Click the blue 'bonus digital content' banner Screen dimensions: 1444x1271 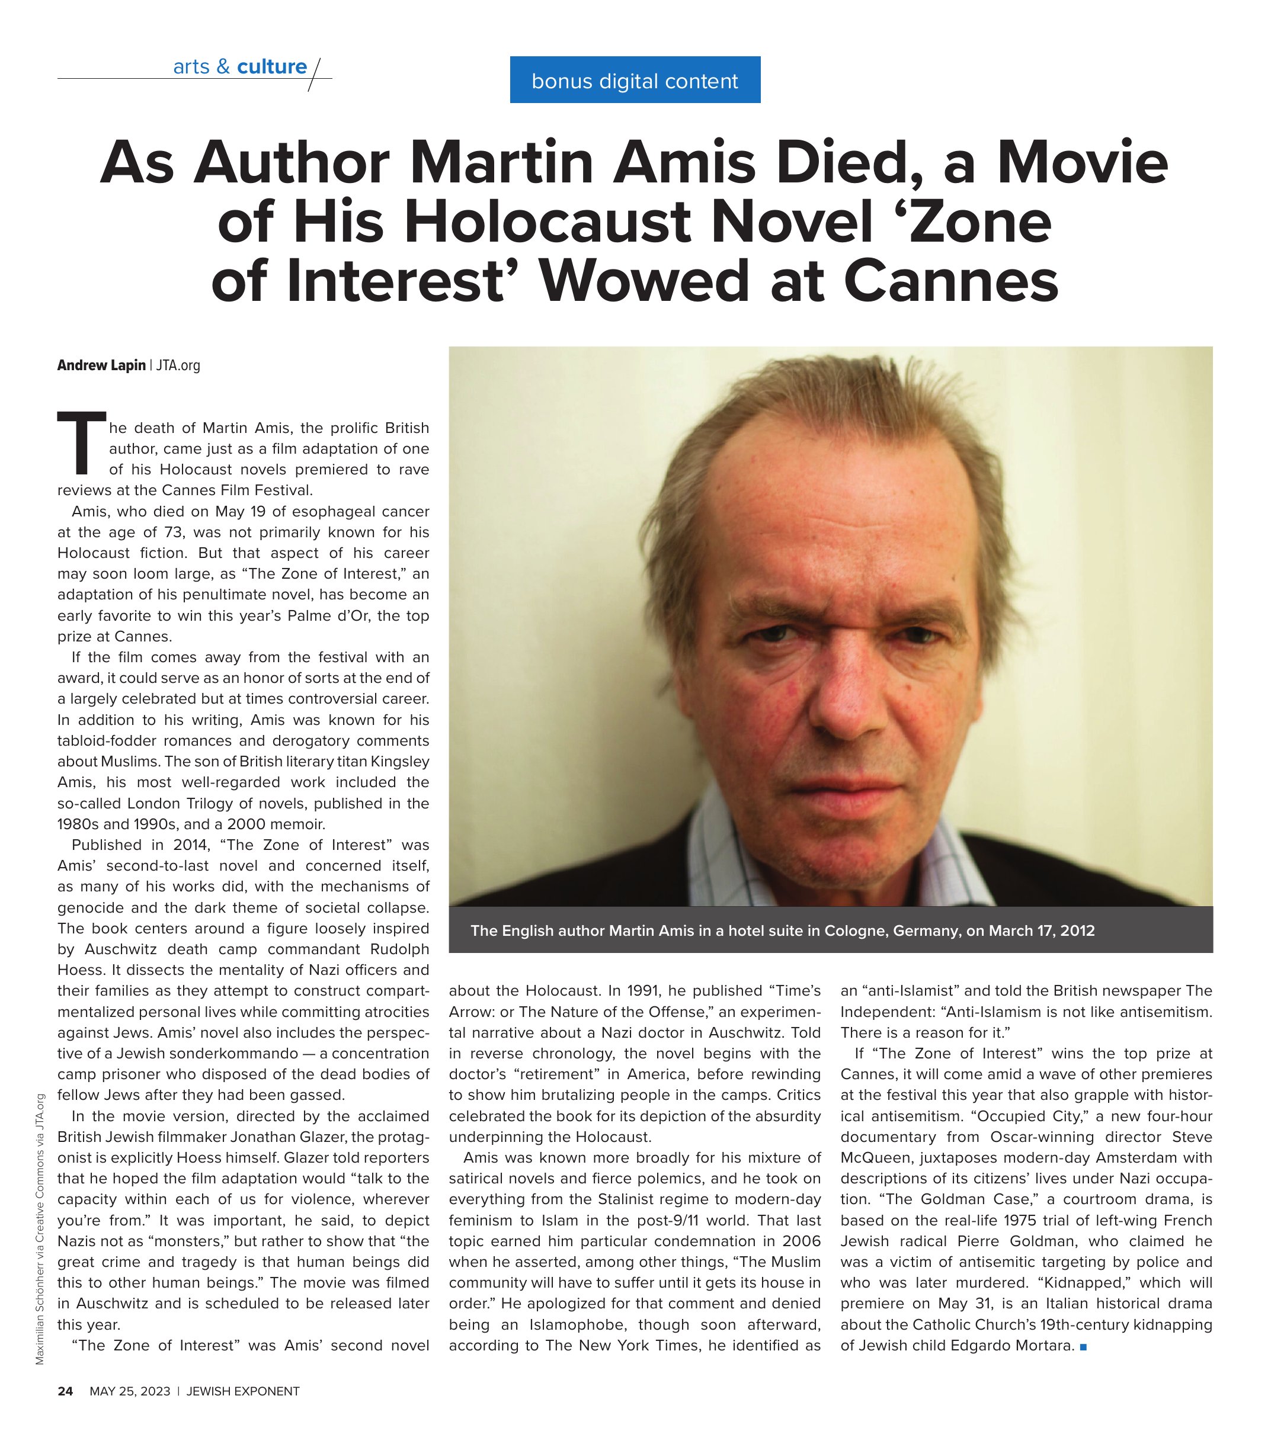pos(634,80)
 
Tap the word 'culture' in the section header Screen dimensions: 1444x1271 pos(271,66)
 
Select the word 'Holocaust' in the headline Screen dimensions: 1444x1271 pos(549,223)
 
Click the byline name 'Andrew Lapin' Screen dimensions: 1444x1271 pos(101,365)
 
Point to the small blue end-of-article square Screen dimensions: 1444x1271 pos(1083,1346)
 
